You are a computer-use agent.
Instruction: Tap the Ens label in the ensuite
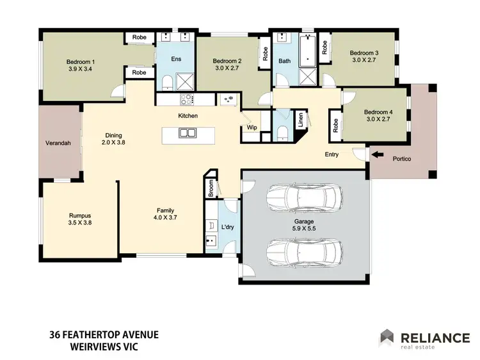(176, 59)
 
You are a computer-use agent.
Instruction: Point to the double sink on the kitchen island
(188, 134)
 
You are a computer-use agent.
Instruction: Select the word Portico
(401, 159)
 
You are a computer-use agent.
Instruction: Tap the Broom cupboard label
(211, 188)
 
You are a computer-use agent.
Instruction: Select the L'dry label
(227, 228)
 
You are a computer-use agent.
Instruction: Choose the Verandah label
(57, 143)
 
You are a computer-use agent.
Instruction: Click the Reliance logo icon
(387, 337)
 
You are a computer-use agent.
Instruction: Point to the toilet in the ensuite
(166, 82)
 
